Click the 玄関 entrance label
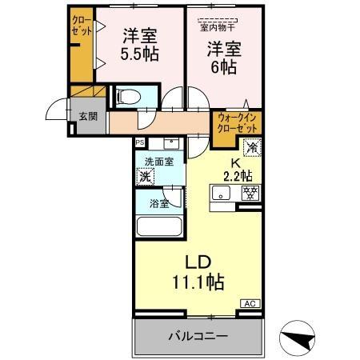coord(86,115)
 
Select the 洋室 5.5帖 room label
coord(138,46)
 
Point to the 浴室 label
coord(157,203)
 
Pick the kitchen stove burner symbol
coord(250,193)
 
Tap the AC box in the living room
coord(250,303)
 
